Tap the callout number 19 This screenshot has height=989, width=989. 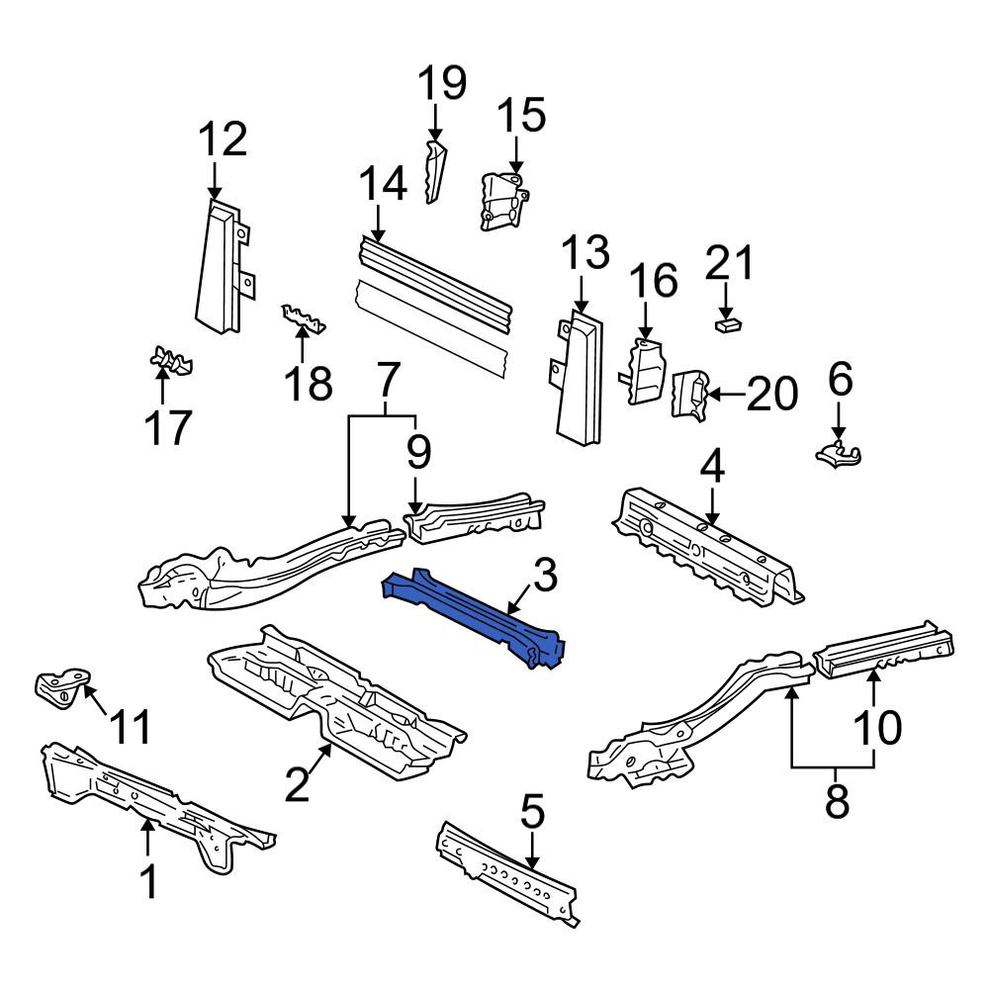point(443,83)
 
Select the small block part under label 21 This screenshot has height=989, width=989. point(728,324)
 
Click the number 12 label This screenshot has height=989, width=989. point(223,140)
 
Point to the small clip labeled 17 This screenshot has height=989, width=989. point(170,360)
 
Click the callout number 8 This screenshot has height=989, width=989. point(837,801)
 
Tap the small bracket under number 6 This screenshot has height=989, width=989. point(838,454)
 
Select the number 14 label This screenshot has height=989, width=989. point(383,184)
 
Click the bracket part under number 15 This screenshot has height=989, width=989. point(504,202)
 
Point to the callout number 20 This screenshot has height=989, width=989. point(772,395)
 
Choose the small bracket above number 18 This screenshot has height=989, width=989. point(304,318)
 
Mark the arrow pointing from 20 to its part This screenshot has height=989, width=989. point(726,396)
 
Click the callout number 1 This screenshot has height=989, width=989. point(148,882)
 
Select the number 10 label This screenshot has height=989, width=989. point(877,727)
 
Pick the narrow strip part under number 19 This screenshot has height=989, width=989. point(434,171)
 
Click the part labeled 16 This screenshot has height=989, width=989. point(645,372)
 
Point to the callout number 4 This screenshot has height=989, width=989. point(712,468)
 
